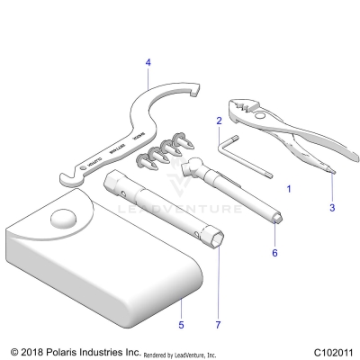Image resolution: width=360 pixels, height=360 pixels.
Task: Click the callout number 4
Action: (148, 62)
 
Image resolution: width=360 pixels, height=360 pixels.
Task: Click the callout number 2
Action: (218, 119)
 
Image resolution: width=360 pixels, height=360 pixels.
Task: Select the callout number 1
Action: (288, 190)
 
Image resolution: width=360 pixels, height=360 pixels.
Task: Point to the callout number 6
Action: (275, 253)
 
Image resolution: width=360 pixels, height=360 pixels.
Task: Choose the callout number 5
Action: (180, 324)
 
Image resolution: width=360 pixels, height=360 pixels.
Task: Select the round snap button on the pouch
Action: (66, 219)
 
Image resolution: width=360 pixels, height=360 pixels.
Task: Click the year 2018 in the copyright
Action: (33, 352)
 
